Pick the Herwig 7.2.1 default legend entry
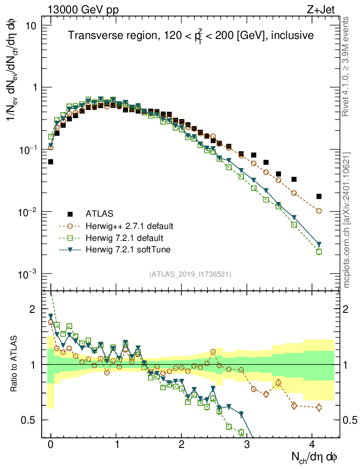(x=125, y=238)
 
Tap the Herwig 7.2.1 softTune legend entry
(x=128, y=250)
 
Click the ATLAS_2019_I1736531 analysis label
(x=190, y=274)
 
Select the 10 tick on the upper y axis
(x=31, y=25)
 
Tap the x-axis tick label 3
(x=247, y=444)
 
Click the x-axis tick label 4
(x=312, y=444)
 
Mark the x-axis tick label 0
(x=50, y=444)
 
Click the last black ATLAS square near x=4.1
(x=319, y=196)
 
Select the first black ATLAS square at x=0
(x=50, y=162)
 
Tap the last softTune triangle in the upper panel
(x=319, y=244)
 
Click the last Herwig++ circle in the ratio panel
(x=319, y=407)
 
